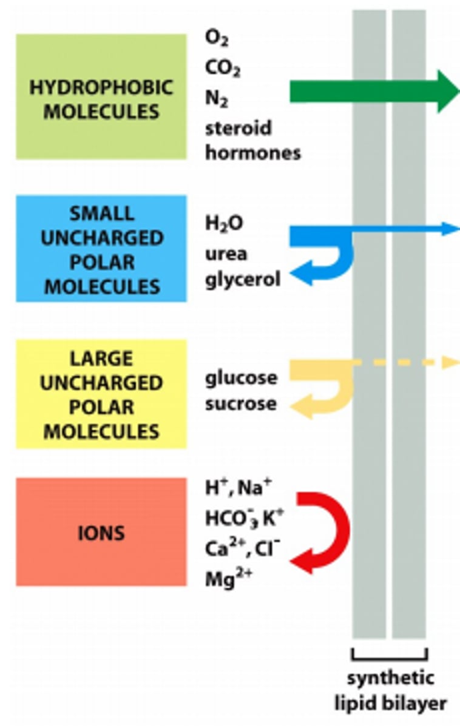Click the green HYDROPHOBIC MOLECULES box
click(x=101, y=97)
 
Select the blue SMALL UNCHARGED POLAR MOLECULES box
click(x=101, y=249)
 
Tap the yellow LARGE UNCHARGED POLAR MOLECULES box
click(x=101, y=394)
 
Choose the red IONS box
click(x=101, y=532)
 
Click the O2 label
click(x=217, y=38)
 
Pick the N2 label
click(x=216, y=99)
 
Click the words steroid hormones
click(x=252, y=140)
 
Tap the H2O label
click(x=224, y=224)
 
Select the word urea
click(x=226, y=253)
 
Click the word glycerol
click(x=243, y=280)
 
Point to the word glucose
click(x=241, y=378)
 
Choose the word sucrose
click(x=241, y=403)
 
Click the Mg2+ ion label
click(x=228, y=578)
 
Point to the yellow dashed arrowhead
click(x=450, y=363)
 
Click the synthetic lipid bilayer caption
click(x=390, y=690)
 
